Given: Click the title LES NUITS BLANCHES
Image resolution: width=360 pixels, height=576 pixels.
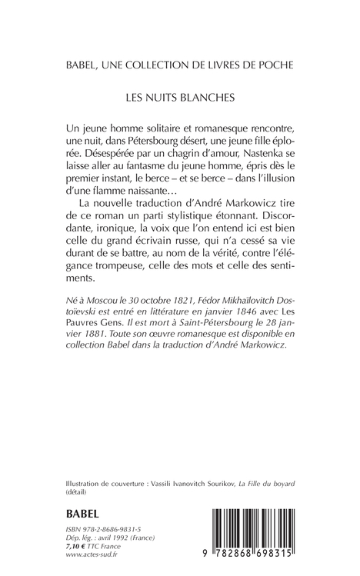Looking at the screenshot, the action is (x=180, y=99).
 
